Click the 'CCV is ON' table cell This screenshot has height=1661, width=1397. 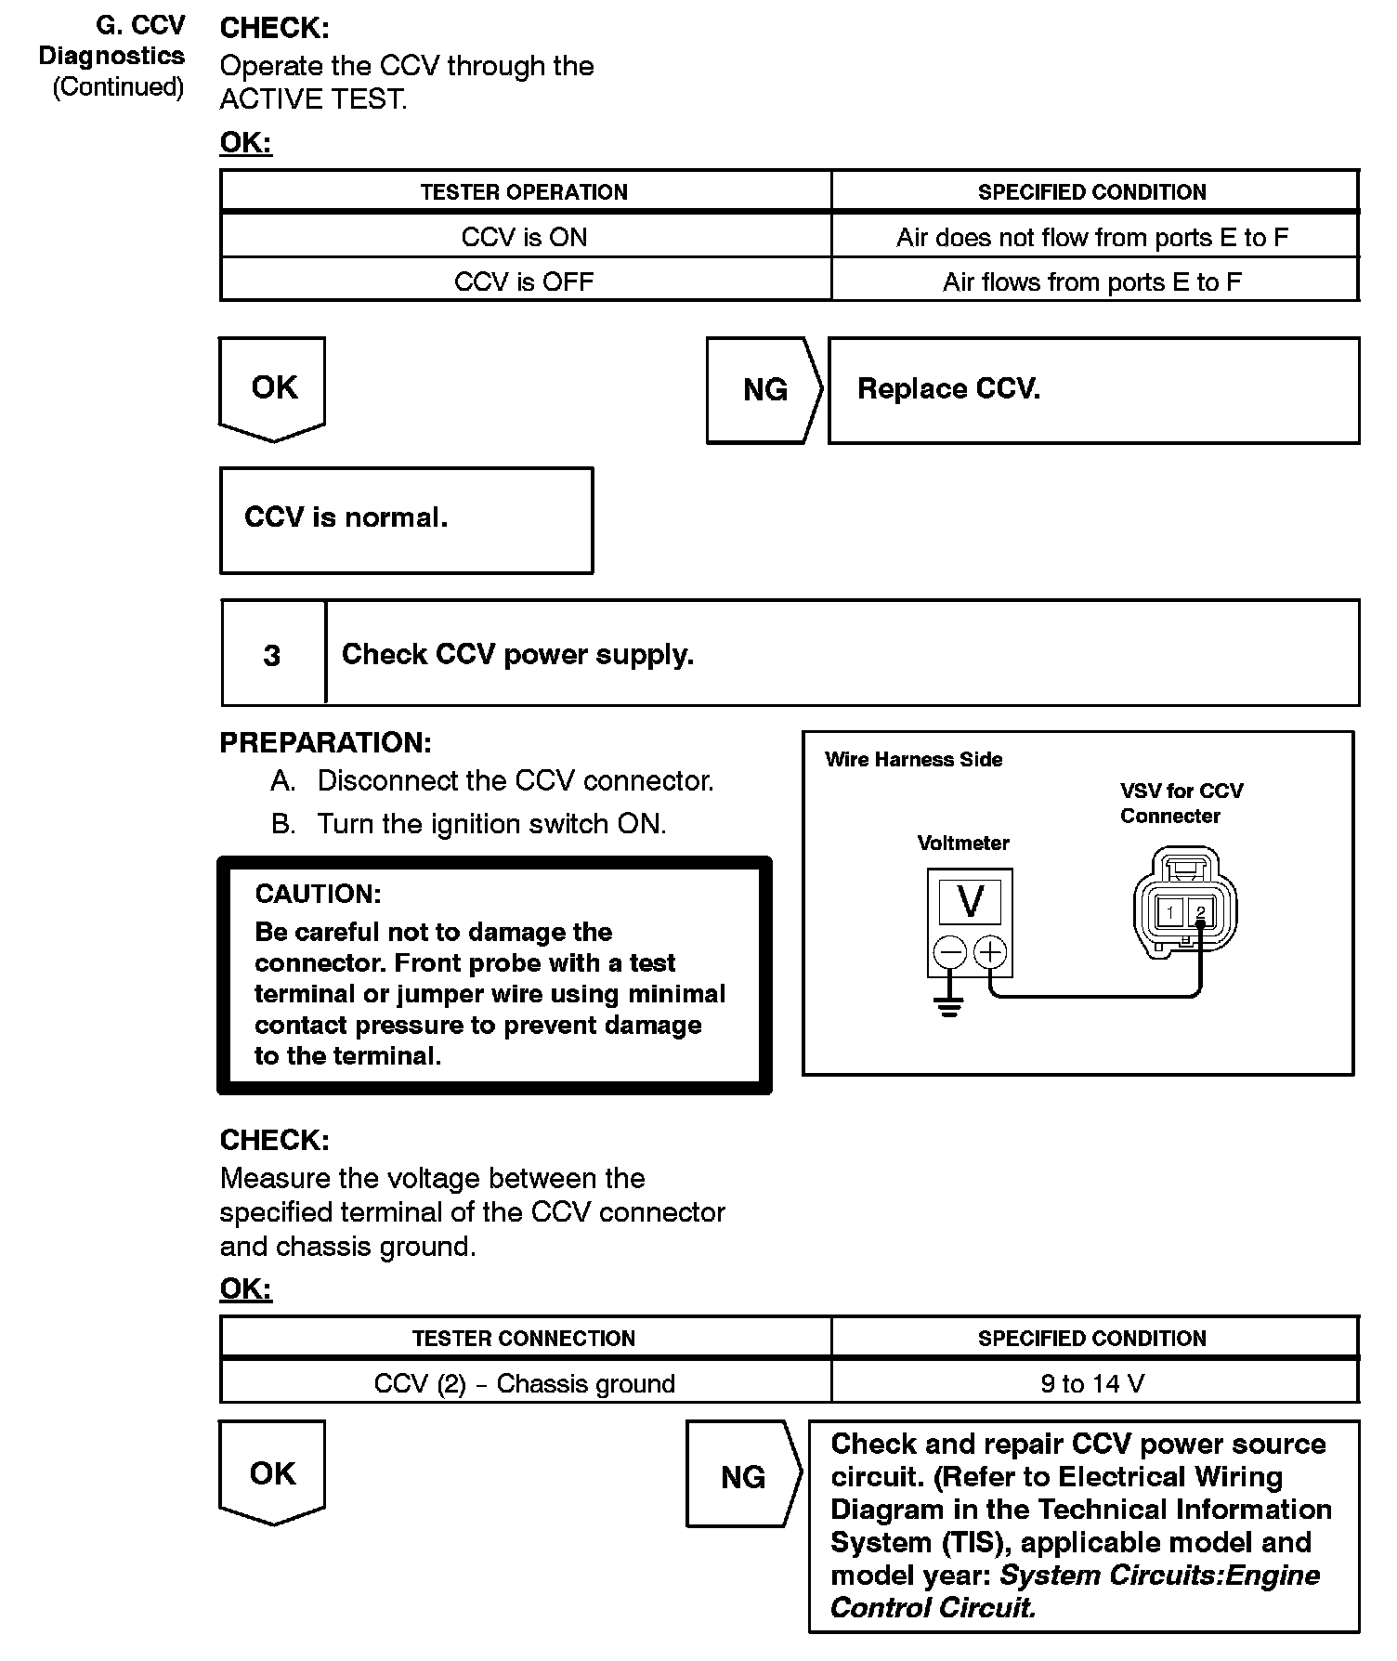(x=525, y=237)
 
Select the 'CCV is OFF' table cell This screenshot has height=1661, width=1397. (x=525, y=281)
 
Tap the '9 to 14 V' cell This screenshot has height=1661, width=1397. (x=1092, y=1383)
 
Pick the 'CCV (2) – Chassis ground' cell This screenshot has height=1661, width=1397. (x=525, y=1383)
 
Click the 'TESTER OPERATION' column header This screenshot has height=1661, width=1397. (x=525, y=192)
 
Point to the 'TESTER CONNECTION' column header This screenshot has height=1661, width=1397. (x=525, y=1338)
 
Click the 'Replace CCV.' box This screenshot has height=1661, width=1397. (x=1092, y=389)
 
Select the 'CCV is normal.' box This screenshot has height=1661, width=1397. (x=406, y=518)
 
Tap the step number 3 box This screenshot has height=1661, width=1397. (x=272, y=655)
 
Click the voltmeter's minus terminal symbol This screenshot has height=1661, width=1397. (x=948, y=952)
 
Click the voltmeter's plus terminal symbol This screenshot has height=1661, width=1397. (x=991, y=952)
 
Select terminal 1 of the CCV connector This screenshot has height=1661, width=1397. (x=1170, y=912)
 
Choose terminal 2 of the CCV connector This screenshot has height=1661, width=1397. (x=1200, y=912)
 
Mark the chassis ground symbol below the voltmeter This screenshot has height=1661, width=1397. (x=948, y=1008)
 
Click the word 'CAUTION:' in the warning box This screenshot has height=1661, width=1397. (x=319, y=894)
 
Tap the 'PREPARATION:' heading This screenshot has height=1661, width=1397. (x=325, y=742)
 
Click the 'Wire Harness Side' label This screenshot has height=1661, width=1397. (x=913, y=759)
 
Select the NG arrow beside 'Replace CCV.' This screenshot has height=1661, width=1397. (x=764, y=389)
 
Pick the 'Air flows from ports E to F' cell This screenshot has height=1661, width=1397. (x=1092, y=281)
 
